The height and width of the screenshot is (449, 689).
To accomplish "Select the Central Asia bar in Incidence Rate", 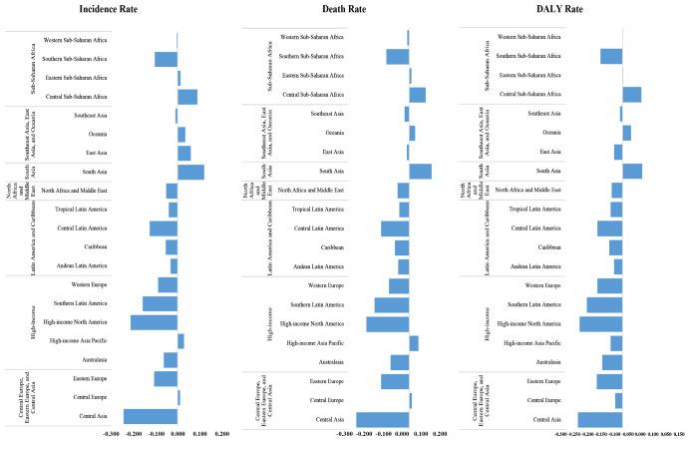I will (151, 416).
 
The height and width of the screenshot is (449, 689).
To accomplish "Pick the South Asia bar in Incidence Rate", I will (190, 172).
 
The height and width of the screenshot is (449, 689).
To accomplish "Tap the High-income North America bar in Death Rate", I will (387, 323).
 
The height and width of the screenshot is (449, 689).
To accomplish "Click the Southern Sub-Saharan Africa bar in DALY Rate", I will (611, 57).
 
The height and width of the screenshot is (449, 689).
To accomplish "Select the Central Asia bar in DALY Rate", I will (600, 419).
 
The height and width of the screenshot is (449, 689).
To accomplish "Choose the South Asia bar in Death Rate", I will (420, 172).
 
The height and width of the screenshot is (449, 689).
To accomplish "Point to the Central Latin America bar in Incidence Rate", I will (164, 227).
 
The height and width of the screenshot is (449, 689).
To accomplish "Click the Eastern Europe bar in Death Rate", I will (395, 381).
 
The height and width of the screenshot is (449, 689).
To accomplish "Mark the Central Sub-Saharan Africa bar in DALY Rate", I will (632, 95).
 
